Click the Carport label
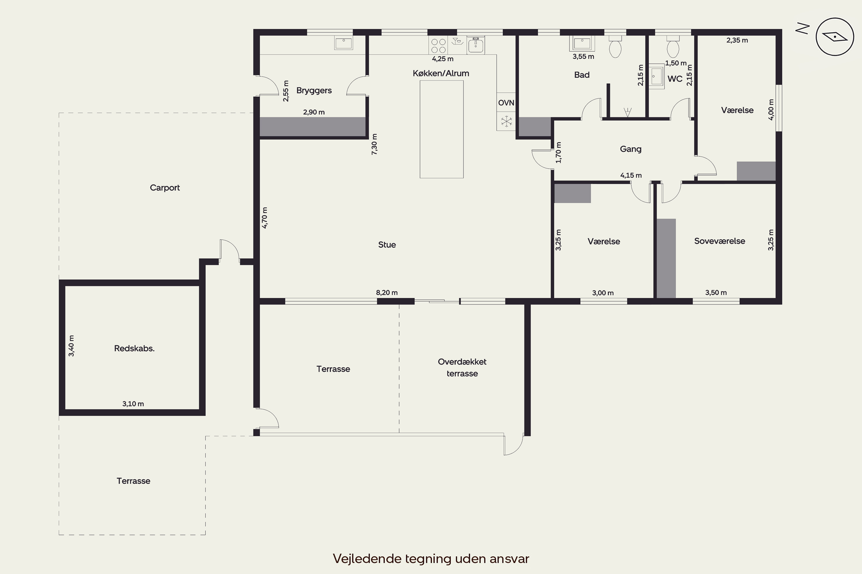pos(165,188)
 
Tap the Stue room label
pos(387,245)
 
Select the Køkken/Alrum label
pos(441,73)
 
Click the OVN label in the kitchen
pos(506,103)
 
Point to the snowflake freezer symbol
pos(506,121)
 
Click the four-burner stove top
pos(438,45)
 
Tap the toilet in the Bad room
pos(615,46)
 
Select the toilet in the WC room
pos(673,46)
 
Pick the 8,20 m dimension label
pos(387,292)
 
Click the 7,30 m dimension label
pos(374,144)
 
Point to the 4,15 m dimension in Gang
pos(631,175)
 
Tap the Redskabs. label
pos(134,348)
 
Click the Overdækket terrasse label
pos(462,368)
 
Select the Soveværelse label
pos(719,241)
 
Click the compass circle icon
pos(835,37)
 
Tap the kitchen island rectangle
pos(442,129)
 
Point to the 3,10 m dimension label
pos(133,404)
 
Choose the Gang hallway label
pos(630,149)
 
